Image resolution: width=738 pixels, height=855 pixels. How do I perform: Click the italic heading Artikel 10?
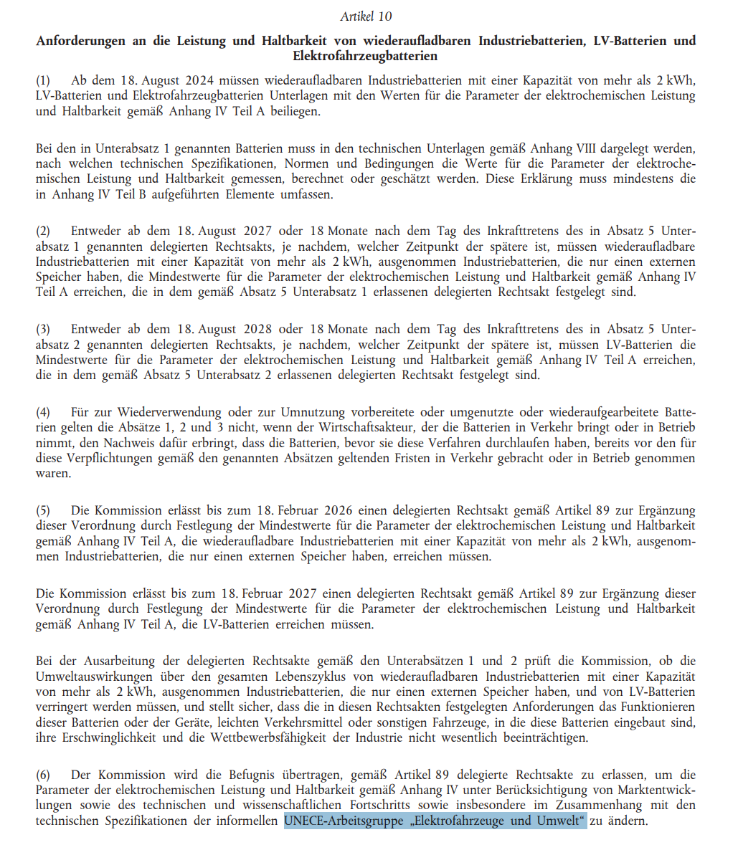pos(366,16)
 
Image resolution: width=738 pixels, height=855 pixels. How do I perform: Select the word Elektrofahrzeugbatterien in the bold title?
pos(365,56)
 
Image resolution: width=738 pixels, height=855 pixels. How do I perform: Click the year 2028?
pos(252,330)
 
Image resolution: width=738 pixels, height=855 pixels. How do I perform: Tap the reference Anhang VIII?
pos(559,149)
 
